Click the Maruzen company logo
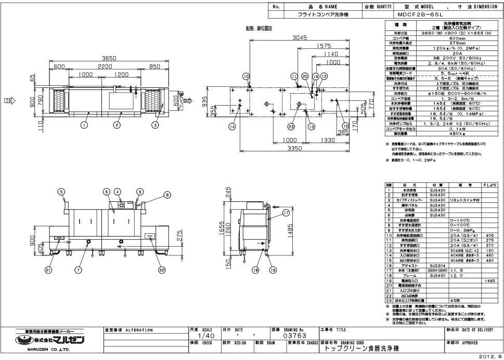coord(51,341)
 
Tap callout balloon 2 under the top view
coord(117,125)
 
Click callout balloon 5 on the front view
coord(61,191)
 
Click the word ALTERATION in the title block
coord(137,330)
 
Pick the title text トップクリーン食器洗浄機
coord(358,348)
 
